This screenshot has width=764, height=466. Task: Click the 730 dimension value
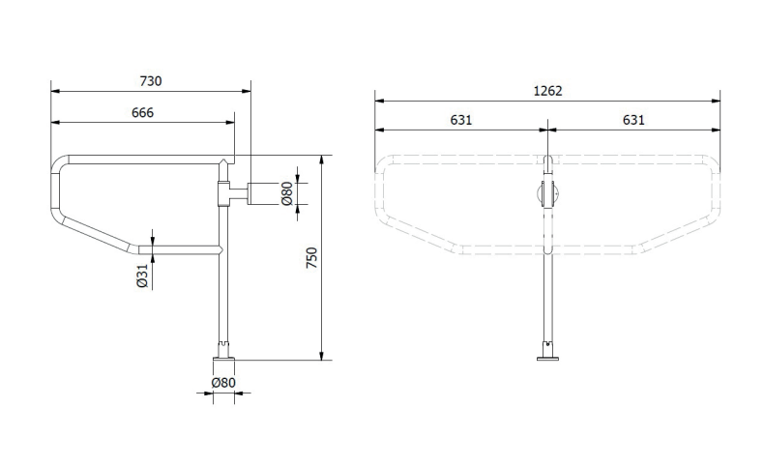tap(151, 81)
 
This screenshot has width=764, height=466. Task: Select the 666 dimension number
tap(142, 112)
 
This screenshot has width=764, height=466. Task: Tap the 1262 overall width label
tap(547, 91)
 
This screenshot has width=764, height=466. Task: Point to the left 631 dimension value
tap(461, 120)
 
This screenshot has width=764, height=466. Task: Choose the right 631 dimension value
tap(633, 120)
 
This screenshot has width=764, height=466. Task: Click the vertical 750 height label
tap(311, 257)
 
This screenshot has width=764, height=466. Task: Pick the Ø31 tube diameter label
tap(142, 276)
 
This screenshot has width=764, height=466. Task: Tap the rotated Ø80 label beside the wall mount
tap(287, 193)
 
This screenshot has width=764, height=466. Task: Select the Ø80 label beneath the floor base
tap(223, 383)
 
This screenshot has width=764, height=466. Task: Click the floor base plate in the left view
tap(223, 360)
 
